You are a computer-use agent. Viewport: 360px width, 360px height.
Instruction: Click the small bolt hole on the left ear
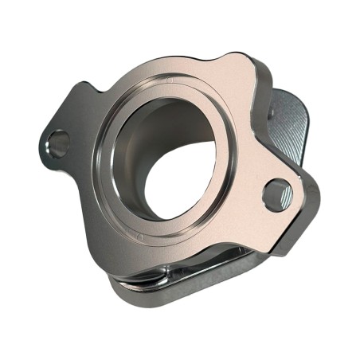[57, 143]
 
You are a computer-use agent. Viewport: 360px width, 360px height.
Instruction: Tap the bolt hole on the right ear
[277, 193]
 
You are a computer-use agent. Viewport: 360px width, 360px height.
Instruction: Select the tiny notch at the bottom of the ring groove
[141, 237]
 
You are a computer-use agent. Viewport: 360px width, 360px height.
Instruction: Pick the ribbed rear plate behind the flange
[291, 127]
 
